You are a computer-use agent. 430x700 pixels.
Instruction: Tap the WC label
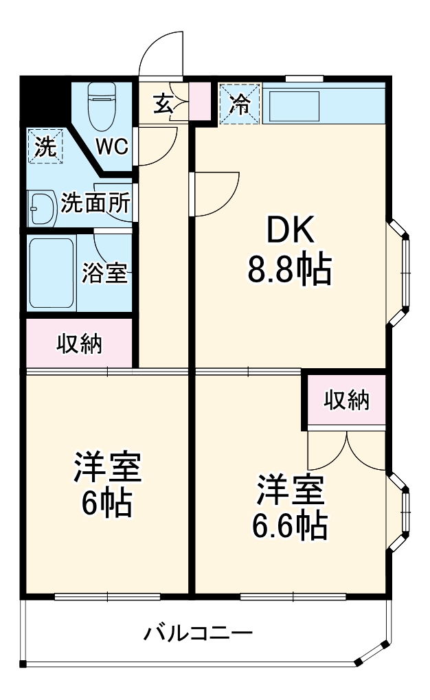111,146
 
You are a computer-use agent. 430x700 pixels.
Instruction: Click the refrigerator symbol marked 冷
240,104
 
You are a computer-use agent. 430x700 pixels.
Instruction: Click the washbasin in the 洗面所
43,205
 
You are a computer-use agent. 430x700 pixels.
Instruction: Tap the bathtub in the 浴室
52,273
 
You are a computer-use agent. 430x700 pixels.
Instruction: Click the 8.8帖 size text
290,270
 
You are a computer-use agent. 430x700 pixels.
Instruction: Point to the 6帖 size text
107,505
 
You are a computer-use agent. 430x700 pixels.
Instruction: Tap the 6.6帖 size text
289,526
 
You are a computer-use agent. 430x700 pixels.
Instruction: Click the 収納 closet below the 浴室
79,343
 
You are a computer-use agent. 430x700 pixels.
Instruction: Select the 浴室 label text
104,273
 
